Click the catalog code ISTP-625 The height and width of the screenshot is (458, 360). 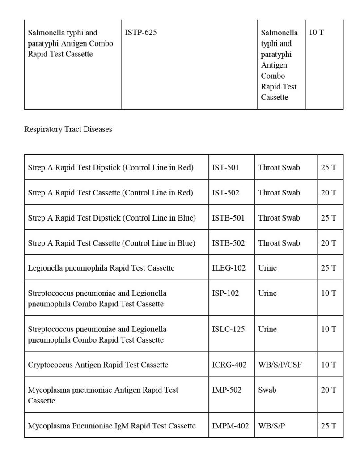coord(141,33)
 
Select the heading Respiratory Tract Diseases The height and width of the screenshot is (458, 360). coord(68,129)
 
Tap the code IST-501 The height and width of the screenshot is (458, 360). coord(225,168)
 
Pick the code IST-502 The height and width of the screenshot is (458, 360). coord(225,193)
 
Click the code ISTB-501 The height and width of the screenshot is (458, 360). coord(228,218)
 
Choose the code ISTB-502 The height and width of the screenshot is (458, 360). coord(228,243)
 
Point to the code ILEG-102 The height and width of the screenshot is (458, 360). coord(229,268)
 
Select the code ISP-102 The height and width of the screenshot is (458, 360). coord(225,293)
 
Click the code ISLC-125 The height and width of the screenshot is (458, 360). coord(228,329)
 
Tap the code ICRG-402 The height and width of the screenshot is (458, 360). coord(229,365)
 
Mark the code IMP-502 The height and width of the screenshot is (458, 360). coord(226,390)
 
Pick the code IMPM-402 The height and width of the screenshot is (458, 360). coord(230,425)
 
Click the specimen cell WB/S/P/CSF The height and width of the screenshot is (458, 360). coord(280,365)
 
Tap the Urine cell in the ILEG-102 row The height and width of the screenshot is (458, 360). coord(267,268)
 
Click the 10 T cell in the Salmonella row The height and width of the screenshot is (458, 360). coord(316,33)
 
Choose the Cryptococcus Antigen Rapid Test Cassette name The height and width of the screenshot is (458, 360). coord(98,365)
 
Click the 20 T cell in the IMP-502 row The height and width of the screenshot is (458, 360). coord(328,390)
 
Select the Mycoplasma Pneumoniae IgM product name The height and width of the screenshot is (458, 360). coord(112,425)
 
